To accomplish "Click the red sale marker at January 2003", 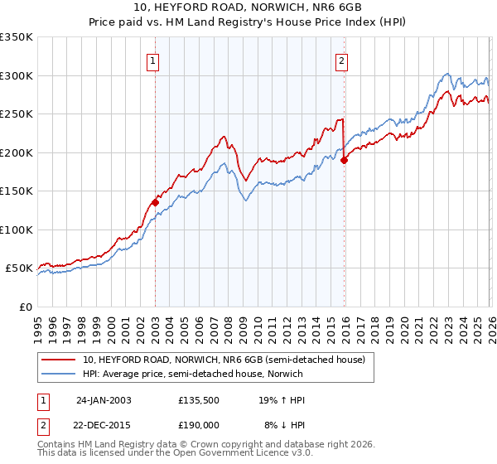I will pos(155,202).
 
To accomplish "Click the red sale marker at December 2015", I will pos(344,161).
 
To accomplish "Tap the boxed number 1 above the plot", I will pos(155,60).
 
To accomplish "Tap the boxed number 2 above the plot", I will pos(342,60).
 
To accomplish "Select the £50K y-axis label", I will pos(18,268).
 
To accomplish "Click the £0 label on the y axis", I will pos(25,307).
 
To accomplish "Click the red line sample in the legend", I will pos(59,360).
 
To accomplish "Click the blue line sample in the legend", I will pos(59,374).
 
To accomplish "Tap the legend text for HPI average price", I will pos(192,374).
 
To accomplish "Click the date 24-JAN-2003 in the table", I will pos(104,399).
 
